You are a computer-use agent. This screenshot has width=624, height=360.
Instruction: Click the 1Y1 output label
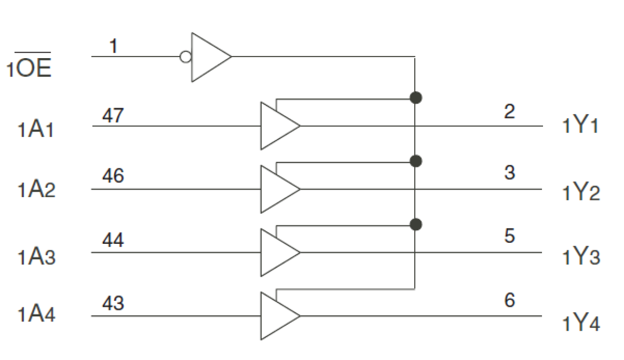tap(581, 127)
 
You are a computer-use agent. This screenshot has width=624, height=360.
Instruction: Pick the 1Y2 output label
tap(581, 192)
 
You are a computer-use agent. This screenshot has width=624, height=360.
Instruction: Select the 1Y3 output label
tap(581, 257)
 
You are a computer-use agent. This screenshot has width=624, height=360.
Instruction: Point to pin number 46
tap(113, 176)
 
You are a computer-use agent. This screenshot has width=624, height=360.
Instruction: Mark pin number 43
tap(113, 303)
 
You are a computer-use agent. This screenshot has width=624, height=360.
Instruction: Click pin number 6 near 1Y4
tap(510, 300)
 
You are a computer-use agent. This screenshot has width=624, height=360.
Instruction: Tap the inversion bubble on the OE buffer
tap(185, 57)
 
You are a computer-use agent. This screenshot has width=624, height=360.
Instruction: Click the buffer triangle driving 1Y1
tap(276, 126)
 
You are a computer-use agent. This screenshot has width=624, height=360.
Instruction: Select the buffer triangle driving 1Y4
tap(276, 316)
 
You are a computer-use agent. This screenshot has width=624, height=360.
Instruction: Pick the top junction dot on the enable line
tap(416, 97)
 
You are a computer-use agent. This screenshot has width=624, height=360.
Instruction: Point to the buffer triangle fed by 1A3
tap(276, 252)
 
